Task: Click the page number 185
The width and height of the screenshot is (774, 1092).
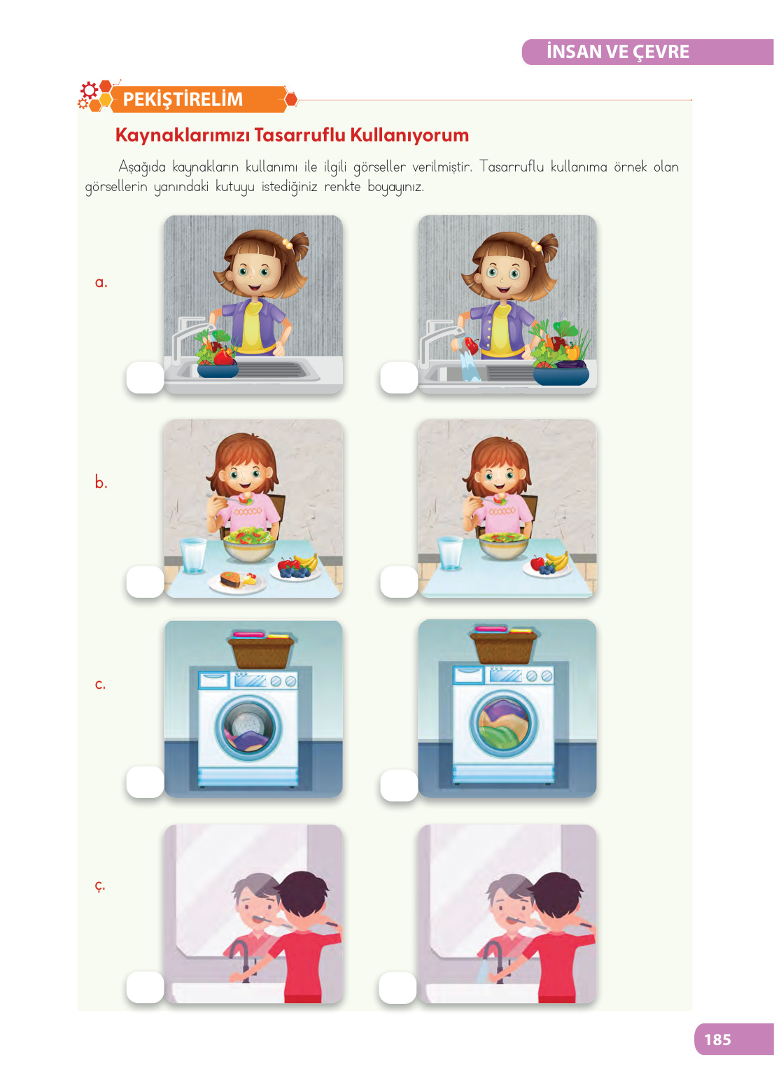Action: [x=717, y=1039]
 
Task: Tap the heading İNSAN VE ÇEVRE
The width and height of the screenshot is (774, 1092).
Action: [x=617, y=52]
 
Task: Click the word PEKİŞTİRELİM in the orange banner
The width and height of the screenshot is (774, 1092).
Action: [x=183, y=99]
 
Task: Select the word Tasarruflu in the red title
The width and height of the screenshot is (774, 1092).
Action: [x=300, y=135]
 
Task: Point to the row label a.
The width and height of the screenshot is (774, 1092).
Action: [x=101, y=282]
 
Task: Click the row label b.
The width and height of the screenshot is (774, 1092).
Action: [x=101, y=482]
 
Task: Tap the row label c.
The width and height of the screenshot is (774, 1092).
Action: [x=100, y=685]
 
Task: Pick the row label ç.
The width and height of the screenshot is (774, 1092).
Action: [x=100, y=885]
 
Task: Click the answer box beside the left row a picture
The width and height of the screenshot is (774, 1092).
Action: [x=146, y=377]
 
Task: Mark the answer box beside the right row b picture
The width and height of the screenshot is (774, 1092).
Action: [x=399, y=582]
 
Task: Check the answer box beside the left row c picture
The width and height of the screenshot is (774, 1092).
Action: [x=146, y=782]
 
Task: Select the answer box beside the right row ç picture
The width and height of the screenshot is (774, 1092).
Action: [x=397, y=988]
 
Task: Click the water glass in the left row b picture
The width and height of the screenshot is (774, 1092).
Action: [x=193, y=555]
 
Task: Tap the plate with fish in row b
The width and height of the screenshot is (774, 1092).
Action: [x=237, y=582]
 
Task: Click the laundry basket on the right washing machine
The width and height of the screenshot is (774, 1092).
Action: [x=503, y=645]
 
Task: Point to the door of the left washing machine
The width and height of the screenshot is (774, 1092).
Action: [x=248, y=728]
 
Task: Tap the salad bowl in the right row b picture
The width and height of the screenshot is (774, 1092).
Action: [x=503, y=545]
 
